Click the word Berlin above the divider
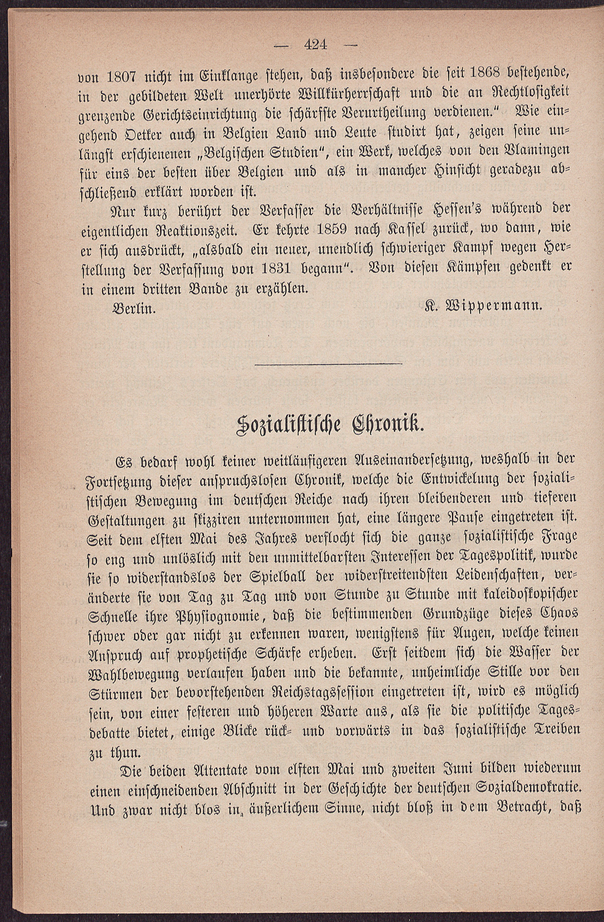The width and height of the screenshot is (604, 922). click(x=134, y=309)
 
